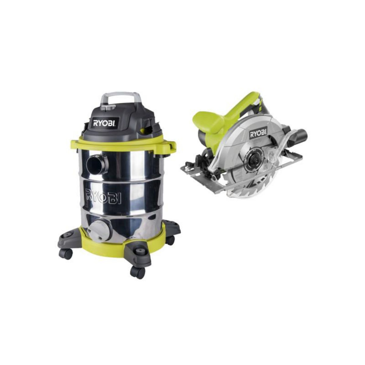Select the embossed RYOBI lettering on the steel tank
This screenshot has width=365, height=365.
point(104,196)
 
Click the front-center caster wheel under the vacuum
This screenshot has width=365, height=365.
point(137,272)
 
